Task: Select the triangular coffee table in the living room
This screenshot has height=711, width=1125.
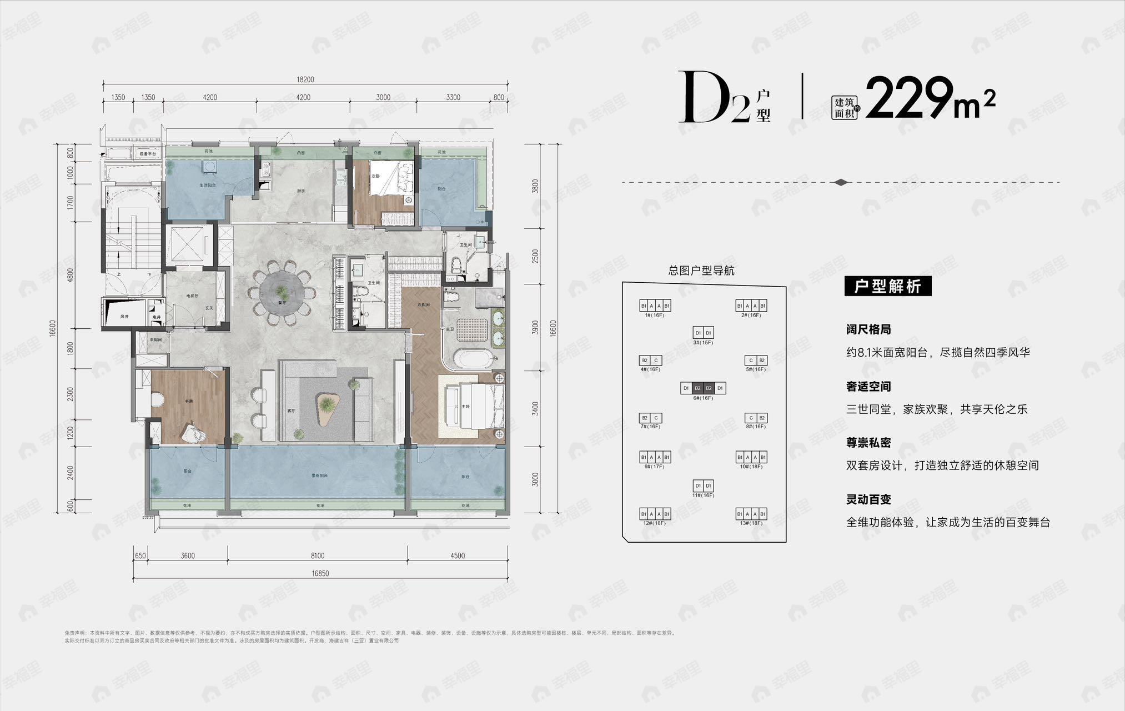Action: coord(328,405)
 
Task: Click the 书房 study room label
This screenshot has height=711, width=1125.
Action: coord(188,400)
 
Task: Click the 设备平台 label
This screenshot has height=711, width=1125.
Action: coord(148,153)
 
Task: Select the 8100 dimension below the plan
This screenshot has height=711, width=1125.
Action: coord(317,555)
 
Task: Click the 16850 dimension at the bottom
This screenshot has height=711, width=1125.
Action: coord(319,573)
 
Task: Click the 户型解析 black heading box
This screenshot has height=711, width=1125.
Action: coord(887,287)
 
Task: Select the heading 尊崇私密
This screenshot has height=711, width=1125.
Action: coord(868,443)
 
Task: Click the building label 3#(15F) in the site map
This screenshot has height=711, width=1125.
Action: coord(702,343)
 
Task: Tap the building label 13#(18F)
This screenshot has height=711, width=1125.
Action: coord(751,523)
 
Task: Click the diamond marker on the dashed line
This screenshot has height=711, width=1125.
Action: coord(841,182)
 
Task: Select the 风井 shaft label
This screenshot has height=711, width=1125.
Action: coord(124,317)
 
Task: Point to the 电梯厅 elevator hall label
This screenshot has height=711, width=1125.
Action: coord(192,296)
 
